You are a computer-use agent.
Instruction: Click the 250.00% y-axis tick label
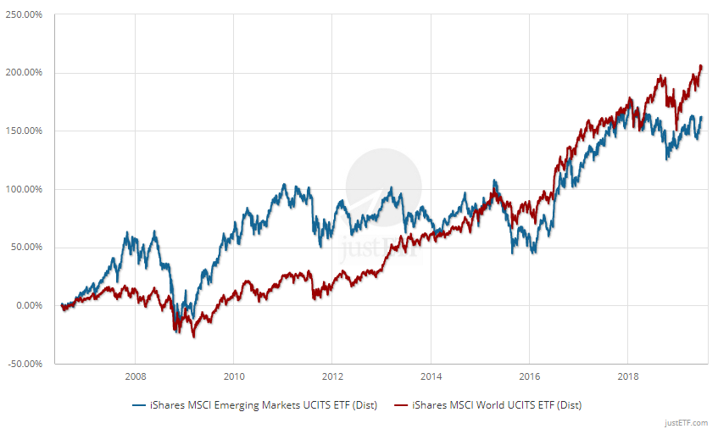click(x=25, y=14)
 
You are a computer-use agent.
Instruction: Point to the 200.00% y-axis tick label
click(x=25, y=73)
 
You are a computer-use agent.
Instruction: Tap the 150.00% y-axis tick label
click(x=25, y=131)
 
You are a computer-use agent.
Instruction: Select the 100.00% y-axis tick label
click(x=25, y=189)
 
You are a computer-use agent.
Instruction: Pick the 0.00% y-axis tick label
click(x=29, y=306)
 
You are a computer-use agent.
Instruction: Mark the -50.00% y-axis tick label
click(x=25, y=365)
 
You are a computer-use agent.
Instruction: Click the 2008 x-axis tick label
click(x=135, y=376)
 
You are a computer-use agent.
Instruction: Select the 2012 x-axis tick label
click(x=332, y=376)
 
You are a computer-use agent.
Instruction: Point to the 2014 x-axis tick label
click(x=431, y=376)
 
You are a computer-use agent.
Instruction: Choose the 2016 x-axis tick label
click(x=529, y=376)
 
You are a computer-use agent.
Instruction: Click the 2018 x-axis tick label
click(x=628, y=376)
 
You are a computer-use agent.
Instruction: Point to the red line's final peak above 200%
click(x=700, y=65)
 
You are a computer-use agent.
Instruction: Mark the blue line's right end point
click(x=702, y=118)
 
